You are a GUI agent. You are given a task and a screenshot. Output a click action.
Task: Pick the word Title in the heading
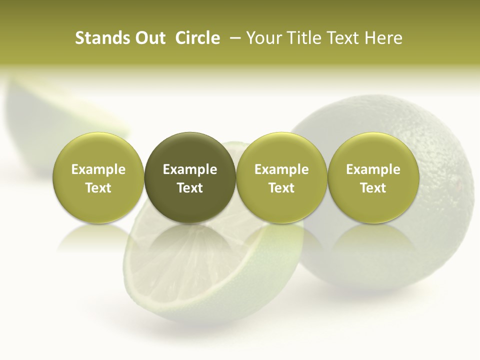click(304, 38)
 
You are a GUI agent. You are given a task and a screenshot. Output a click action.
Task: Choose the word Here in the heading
click(383, 38)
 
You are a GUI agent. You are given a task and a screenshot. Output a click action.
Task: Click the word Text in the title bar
click(343, 38)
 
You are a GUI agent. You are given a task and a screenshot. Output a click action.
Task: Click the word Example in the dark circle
click(190, 169)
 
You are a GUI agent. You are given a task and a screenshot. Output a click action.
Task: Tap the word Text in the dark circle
click(190, 188)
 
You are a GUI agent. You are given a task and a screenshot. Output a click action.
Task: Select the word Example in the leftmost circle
click(98, 169)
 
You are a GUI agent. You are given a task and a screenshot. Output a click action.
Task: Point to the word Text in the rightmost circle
click(373, 188)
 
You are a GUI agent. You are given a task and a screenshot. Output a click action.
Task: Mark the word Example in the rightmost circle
click(373, 169)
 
